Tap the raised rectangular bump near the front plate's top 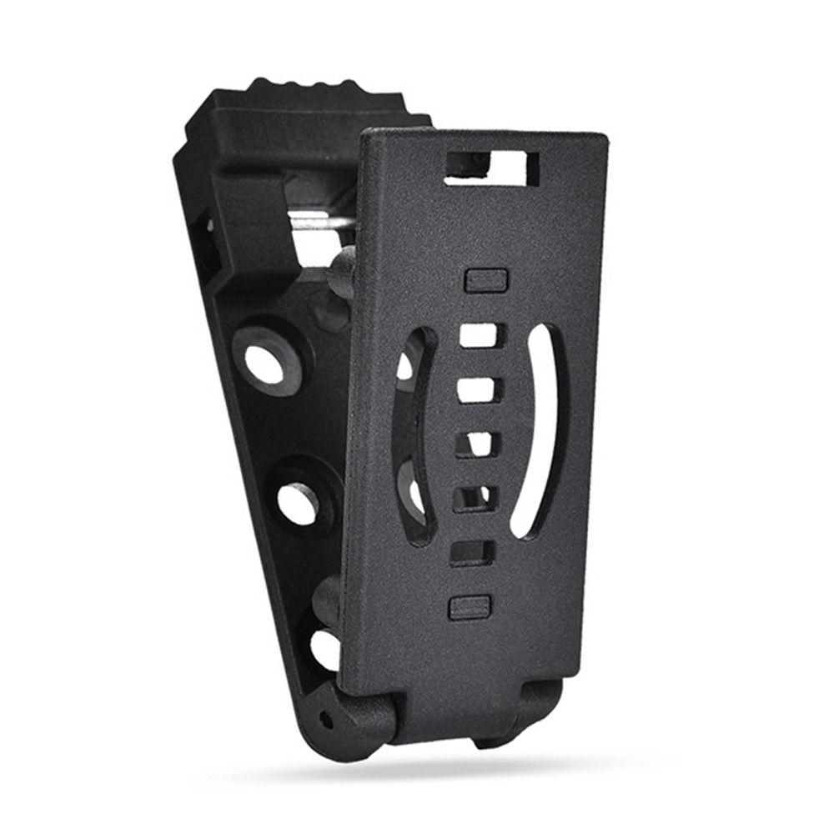click(x=486, y=279)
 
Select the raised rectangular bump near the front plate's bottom click(x=470, y=606)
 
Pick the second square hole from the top click(x=478, y=389)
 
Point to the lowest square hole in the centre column click(x=471, y=551)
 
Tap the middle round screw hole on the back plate click(x=298, y=503)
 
